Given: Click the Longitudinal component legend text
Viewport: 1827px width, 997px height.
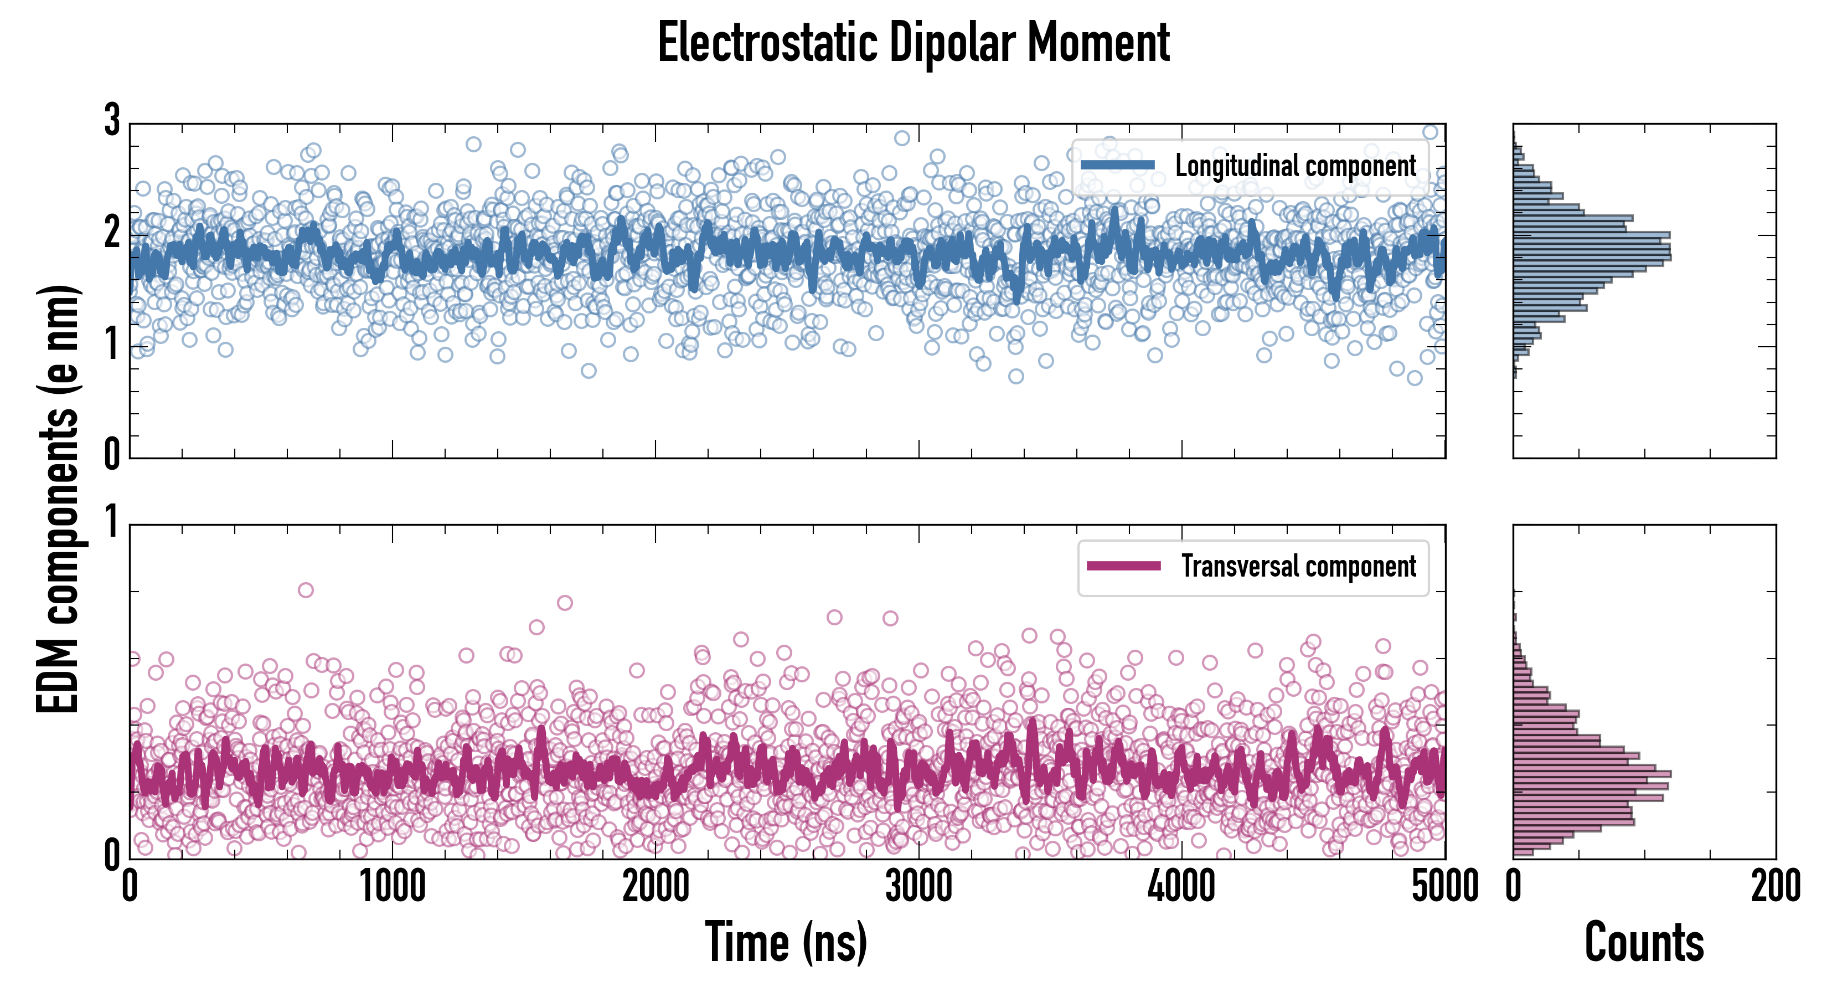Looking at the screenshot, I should tap(1295, 166).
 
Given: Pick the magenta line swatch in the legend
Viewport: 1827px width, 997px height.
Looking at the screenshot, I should tap(1123, 566).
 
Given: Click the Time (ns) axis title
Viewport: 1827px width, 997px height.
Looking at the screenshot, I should tap(786, 942).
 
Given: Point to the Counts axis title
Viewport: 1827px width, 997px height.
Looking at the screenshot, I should tap(1644, 942).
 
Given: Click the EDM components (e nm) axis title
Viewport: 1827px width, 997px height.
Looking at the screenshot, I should tap(58, 500).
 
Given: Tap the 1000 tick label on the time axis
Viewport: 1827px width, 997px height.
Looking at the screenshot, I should tap(392, 887).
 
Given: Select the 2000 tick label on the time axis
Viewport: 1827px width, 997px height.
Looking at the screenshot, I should tap(656, 887).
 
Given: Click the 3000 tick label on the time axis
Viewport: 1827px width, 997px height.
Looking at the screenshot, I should tap(918, 887).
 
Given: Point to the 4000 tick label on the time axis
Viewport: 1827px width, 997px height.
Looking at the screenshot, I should tap(1181, 887).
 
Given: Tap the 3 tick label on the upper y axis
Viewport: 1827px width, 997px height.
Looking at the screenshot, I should tap(112, 121).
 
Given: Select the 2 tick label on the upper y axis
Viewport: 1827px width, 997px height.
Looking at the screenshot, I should tap(112, 233).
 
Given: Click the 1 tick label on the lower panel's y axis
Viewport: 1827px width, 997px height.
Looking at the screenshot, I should tap(112, 523).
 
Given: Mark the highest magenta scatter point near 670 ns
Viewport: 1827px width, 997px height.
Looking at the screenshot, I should tap(306, 590).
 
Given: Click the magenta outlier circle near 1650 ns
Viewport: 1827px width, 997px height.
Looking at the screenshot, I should tap(565, 603).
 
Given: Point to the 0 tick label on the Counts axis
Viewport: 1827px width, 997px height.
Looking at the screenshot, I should tap(1514, 887).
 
